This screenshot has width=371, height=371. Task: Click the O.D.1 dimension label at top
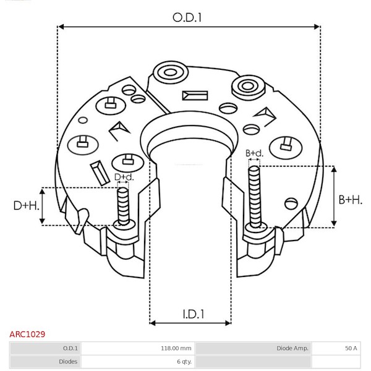[187, 18]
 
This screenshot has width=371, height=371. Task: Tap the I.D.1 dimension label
[194, 314]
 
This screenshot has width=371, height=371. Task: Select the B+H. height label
[351, 200]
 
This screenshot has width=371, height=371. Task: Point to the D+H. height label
[26, 206]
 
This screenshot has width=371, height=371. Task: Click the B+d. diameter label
[254, 153]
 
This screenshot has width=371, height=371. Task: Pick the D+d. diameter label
[124, 177]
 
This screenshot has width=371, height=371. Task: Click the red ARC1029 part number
[27, 334]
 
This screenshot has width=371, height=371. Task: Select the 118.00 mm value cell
[176, 348]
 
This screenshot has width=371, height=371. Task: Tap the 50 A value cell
[351, 348]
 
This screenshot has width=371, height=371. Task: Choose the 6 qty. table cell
[184, 362]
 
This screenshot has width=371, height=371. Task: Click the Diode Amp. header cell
[292, 348]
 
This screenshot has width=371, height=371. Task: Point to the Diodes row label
[68, 362]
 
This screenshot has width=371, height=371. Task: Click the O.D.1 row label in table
[70, 348]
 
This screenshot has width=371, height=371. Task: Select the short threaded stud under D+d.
[123, 206]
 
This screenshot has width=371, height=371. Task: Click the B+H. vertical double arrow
[334, 196]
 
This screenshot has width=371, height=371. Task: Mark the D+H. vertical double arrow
[42, 206]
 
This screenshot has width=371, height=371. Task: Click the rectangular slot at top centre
[195, 96]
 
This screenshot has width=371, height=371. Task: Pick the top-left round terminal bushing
[171, 72]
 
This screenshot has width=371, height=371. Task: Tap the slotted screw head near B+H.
[291, 203]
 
